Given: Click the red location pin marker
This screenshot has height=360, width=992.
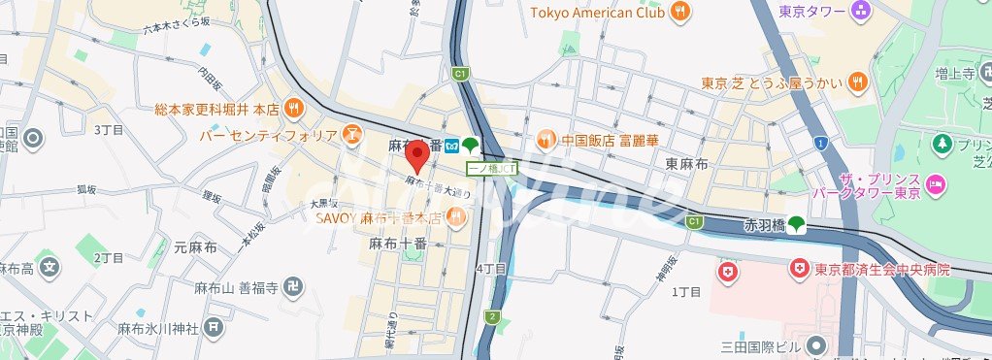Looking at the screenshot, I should [417, 154].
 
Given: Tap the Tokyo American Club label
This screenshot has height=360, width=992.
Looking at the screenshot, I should [597, 12].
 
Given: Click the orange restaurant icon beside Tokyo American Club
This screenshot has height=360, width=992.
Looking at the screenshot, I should [680, 12].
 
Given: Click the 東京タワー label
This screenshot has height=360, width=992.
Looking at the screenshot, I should [812, 12].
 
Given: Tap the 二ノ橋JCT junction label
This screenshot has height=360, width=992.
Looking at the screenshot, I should [491, 168].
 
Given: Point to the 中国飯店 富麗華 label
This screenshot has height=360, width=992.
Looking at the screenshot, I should [611, 140].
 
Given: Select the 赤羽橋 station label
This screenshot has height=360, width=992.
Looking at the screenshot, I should [762, 225].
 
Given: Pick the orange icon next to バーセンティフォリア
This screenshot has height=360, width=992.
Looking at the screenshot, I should [351, 134].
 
